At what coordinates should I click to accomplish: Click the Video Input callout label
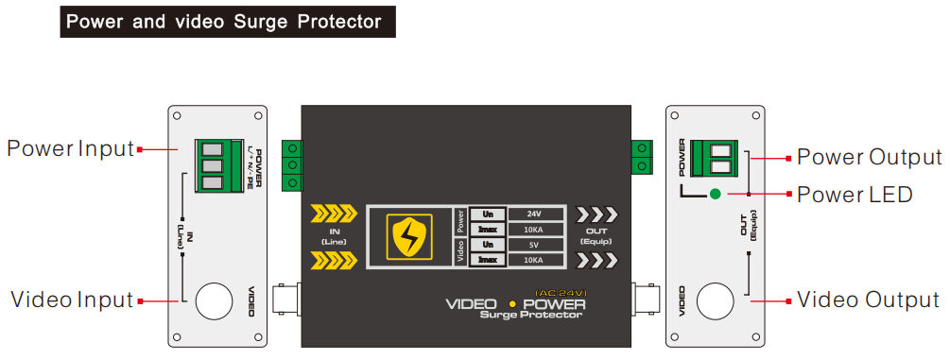(x=72, y=300)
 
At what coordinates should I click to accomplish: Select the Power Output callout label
(x=869, y=157)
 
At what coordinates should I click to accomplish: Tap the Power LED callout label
(x=855, y=195)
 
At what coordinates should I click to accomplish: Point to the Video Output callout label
(x=868, y=300)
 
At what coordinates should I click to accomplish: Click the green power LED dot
(x=716, y=195)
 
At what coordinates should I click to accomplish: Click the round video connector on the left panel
(x=215, y=301)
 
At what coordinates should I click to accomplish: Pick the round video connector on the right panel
(x=715, y=301)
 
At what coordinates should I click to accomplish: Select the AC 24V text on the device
(x=561, y=291)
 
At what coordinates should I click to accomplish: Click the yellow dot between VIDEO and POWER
(x=511, y=304)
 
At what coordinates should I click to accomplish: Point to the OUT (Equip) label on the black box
(x=597, y=234)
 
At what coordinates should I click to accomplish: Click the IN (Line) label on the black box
(x=335, y=236)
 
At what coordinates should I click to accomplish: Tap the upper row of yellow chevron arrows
(x=334, y=213)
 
